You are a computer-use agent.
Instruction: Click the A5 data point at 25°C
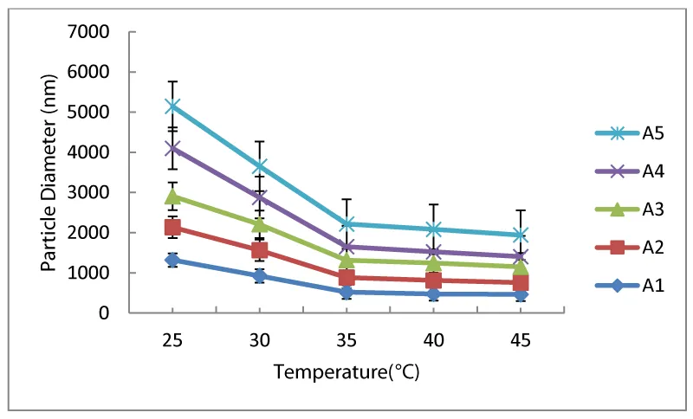172,106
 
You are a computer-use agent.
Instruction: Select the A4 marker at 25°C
172,148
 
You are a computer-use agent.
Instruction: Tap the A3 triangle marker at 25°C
172,197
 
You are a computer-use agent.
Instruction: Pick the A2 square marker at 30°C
259,250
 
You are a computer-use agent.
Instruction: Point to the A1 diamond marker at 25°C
172,260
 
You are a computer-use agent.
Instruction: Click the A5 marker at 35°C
346,223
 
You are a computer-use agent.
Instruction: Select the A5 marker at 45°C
520,235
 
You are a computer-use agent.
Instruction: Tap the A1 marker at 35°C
346,293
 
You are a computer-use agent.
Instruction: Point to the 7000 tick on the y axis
94,32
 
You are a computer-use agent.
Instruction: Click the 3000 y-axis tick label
94,193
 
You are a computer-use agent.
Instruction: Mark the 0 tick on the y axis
109,313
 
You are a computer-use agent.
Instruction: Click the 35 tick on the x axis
346,340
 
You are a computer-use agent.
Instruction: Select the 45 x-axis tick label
520,340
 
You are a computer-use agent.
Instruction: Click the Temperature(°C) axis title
346,372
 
